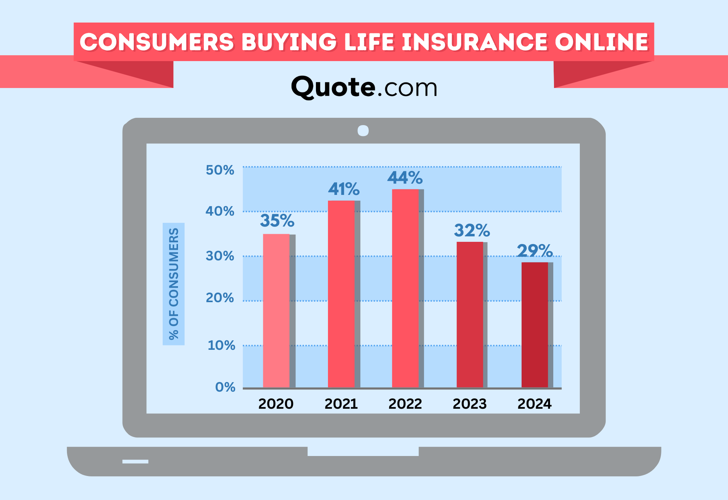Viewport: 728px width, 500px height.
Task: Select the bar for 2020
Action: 276,311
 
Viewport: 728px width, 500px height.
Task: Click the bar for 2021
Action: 341,294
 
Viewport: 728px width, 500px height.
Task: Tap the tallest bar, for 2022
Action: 405,288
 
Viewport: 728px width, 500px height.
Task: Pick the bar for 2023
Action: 470,315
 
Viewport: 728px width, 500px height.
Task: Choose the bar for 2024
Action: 535,325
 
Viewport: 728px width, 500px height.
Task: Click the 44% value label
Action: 405,178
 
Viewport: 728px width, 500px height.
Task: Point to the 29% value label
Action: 535,251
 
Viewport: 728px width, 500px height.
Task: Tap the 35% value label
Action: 277,220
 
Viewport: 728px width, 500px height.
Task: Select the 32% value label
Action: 472,230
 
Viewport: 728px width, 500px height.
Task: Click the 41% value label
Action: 344,189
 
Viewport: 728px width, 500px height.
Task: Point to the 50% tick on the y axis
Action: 220,170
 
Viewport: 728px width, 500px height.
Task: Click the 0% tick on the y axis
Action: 225,387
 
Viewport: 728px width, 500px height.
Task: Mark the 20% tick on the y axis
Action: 220,298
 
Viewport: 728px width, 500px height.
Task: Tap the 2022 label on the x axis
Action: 405,404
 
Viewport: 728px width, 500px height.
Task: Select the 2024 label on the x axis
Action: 535,404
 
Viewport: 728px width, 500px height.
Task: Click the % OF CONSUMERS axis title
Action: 174,284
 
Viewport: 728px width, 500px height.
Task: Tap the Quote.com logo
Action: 364,87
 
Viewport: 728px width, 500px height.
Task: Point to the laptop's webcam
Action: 363,131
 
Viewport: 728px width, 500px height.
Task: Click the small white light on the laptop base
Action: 135,461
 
